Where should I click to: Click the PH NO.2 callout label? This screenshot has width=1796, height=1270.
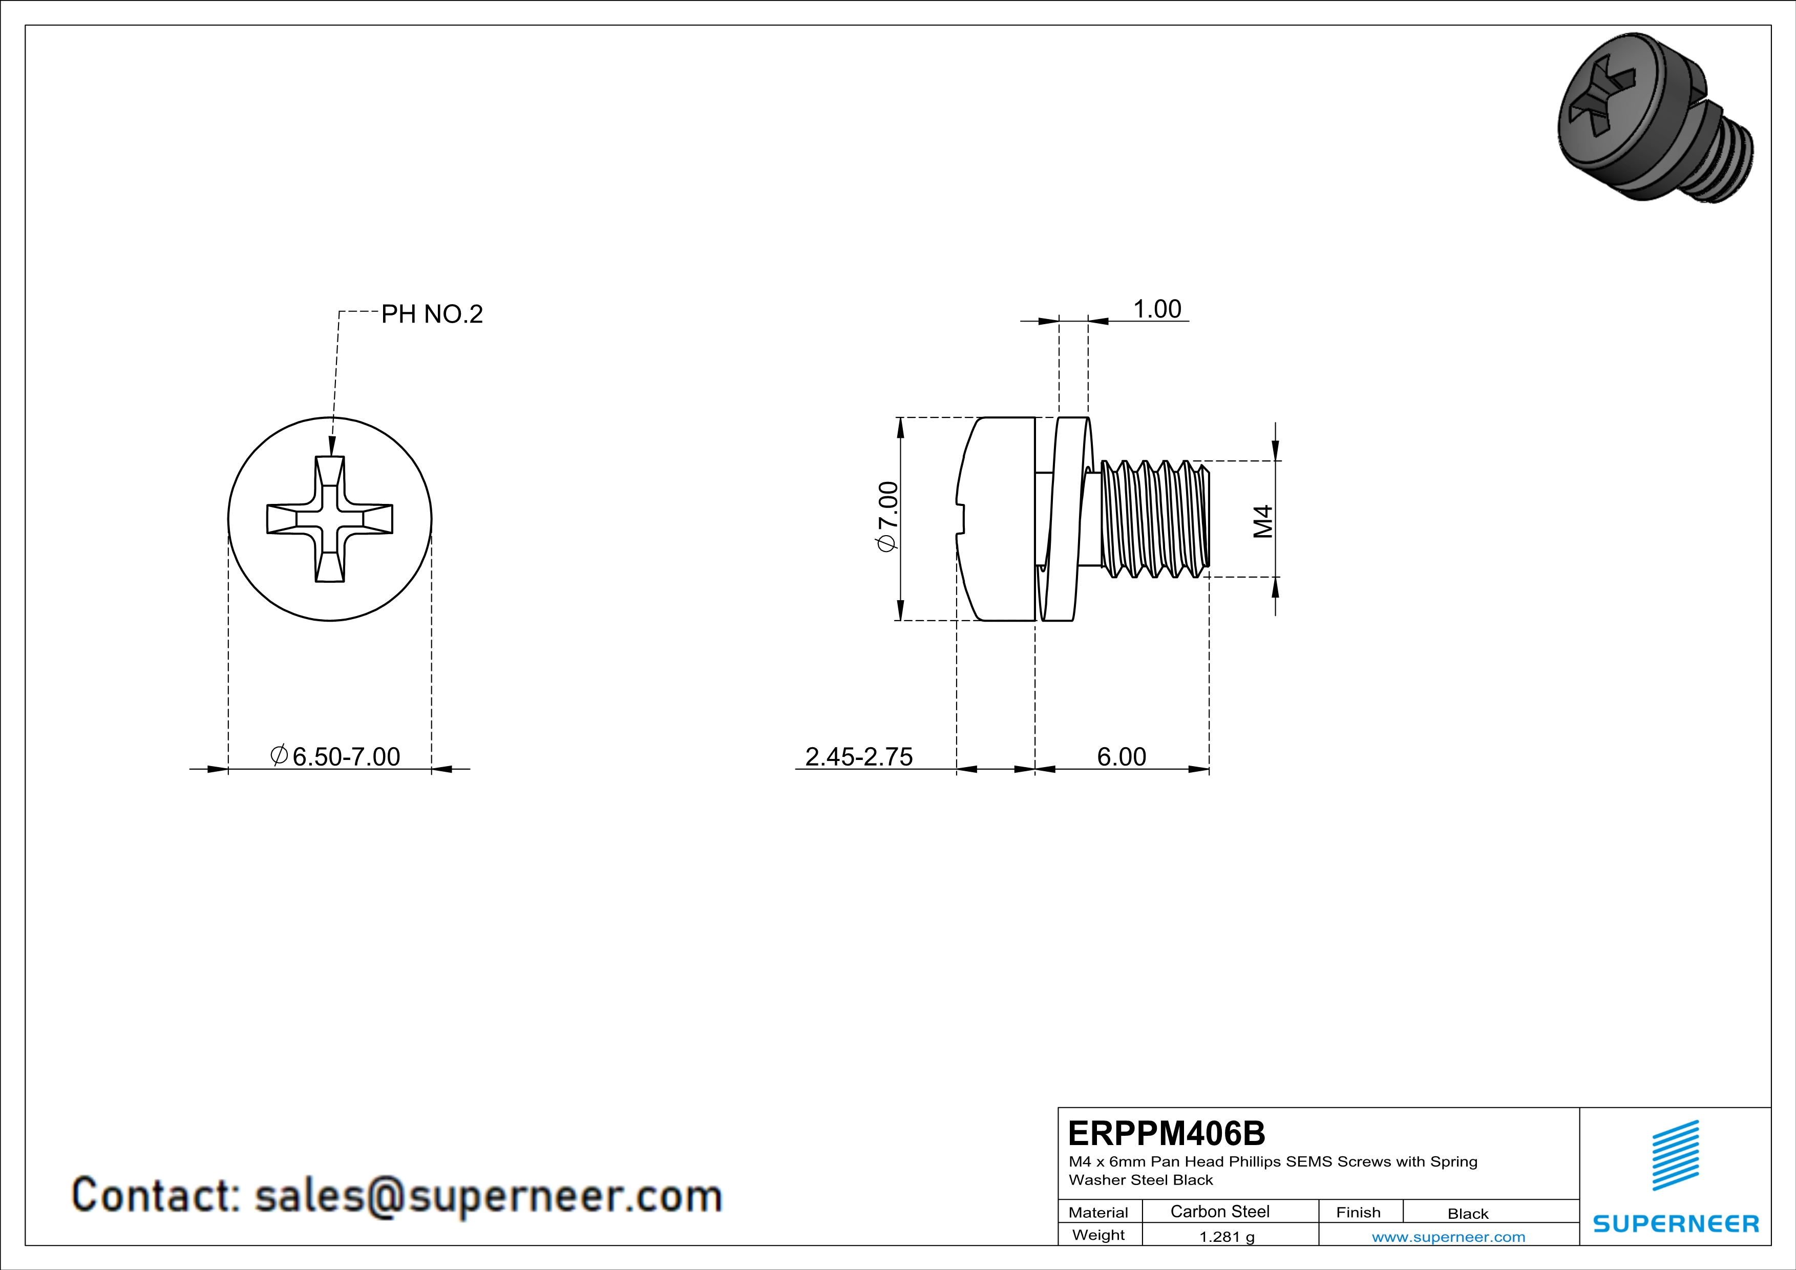pos(432,314)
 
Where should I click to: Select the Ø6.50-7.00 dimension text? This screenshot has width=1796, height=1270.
pos(336,756)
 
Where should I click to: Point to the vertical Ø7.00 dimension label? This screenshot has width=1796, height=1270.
pos(889,517)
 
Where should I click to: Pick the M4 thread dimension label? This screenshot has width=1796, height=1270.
pos(1262,522)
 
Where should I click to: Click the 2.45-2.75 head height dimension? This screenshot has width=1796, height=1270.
pos(859,756)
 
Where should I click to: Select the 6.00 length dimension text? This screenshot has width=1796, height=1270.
pos(1121,756)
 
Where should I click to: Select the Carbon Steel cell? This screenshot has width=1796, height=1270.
pos(1219,1211)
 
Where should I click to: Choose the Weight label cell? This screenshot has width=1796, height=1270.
pos(1098,1235)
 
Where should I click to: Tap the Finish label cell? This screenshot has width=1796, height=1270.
pos(1358,1212)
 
